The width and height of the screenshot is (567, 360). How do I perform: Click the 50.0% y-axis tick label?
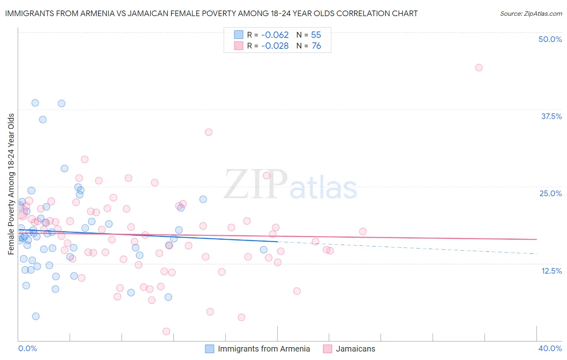[x=550, y=39]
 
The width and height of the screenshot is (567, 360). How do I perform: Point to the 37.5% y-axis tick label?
[x=551, y=116]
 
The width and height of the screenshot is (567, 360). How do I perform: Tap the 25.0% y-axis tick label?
[x=550, y=193]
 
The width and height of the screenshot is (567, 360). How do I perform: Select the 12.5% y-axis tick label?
[x=551, y=271]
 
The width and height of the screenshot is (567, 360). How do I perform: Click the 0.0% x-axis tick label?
[x=28, y=348]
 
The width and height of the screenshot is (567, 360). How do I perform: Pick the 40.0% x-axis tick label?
[x=550, y=348]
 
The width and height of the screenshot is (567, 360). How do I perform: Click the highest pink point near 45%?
[x=479, y=67]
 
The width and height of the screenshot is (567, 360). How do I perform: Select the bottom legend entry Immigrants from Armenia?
[x=264, y=349]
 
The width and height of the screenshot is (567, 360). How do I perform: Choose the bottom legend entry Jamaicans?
[x=355, y=349]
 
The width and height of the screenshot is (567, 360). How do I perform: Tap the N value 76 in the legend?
[x=317, y=46]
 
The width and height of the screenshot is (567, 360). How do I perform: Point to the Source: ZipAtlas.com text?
[x=531, y=13]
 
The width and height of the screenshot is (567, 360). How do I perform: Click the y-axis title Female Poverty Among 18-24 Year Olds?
[x=11, y=184]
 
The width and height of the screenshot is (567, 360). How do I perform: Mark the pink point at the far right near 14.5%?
[x=330, y=251]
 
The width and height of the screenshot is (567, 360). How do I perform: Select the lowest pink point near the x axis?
[x=166, y=331]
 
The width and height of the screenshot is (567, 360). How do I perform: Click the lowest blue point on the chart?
[x=36, y=316]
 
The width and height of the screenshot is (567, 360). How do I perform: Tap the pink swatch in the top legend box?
[x=239, y=46]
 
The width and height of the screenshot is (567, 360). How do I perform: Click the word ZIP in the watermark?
[x=256, y=184]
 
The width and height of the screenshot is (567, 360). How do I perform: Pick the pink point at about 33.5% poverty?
[x=208, y=132]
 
